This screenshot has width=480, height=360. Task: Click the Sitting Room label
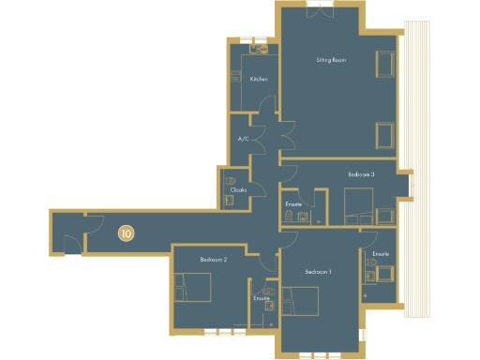[329, 60]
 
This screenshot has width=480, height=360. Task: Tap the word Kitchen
[259, 79]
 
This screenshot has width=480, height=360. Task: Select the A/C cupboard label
[243, 140]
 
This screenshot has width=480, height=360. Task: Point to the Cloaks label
[238, 191]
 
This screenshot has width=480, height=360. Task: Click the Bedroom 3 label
[361, 175]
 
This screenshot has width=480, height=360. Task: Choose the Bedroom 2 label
[215, 259]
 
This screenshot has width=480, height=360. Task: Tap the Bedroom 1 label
[318, 272]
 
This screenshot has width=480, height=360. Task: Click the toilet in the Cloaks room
[231, 179]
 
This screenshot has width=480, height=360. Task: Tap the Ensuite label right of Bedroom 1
[380, 254]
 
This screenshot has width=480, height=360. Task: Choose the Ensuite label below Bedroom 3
[292, 203]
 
